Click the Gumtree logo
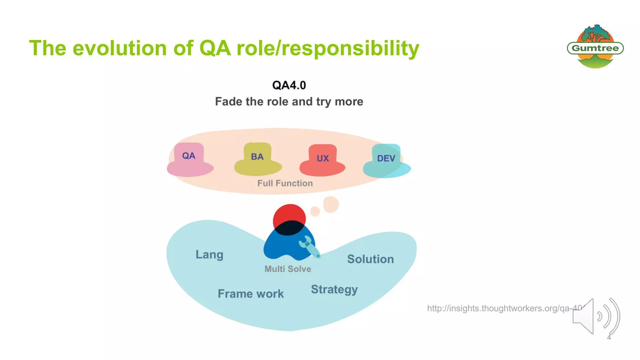(x=595, y=47)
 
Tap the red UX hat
(x=322, y=161)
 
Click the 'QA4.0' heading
(x=289, y=85)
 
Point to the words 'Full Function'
(x=285, y=183)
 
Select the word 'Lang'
(x=209, y=255)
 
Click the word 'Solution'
(x=370, y=259)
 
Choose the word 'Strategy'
(x=334, y=289)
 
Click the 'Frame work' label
(x=251, y=294)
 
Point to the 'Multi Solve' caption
(x=288, y=269)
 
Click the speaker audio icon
(x=595, y=316)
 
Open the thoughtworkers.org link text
(x=500, y=308)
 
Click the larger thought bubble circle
(x=331, y=204)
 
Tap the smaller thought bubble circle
(x=315, y=211)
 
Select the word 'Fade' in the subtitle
(x=228, y=102)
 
